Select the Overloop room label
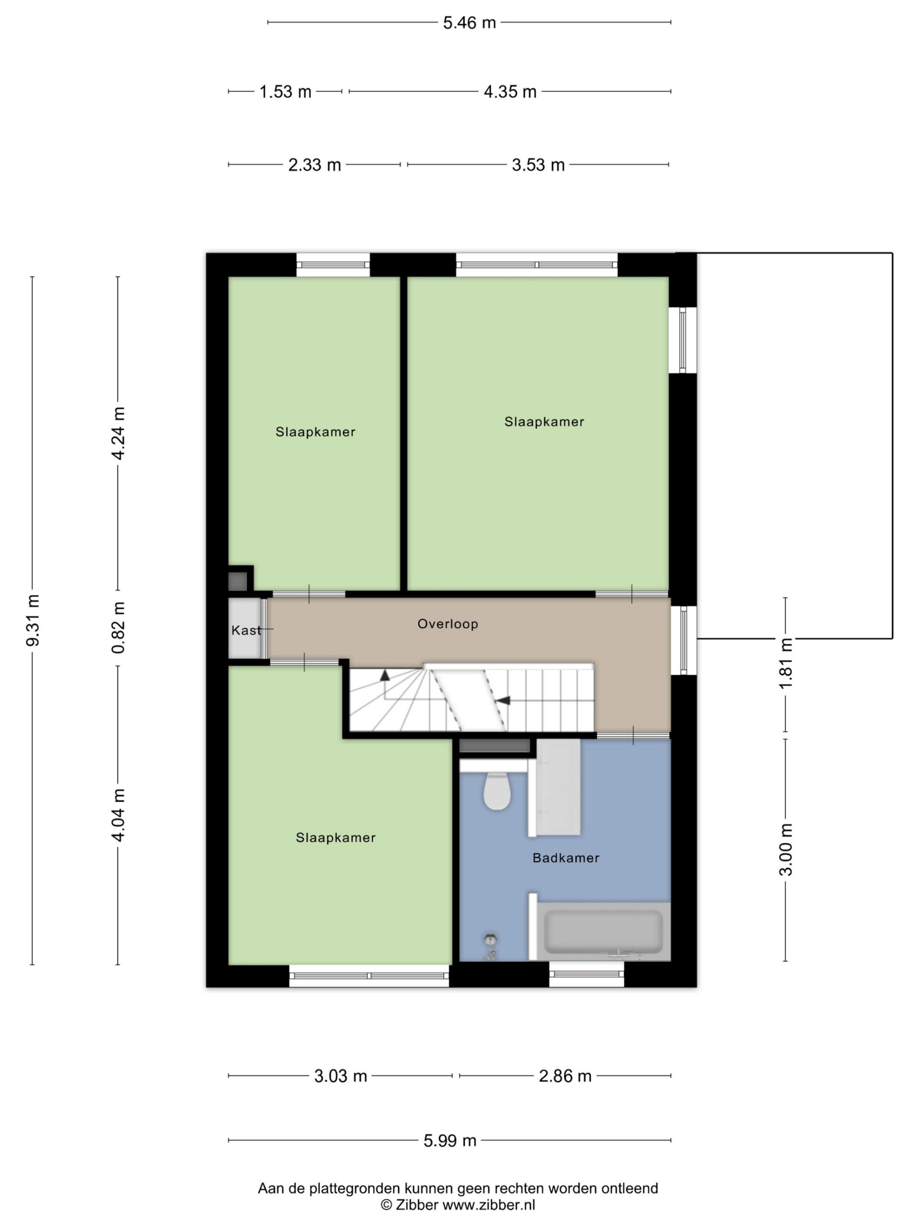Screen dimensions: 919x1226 click(448, 624)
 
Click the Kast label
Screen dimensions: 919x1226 click(246, 630)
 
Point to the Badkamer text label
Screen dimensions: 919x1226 click(566, 858)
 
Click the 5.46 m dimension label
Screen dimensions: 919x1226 click(469, 23)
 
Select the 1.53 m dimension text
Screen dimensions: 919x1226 click(285, 91)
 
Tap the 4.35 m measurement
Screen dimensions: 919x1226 click(510, 91)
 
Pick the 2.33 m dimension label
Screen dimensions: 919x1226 click(314, 165)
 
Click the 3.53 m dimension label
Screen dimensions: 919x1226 click(538, 165)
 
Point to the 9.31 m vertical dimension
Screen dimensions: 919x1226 click(33, 620)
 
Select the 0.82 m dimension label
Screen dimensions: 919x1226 click(118, 627)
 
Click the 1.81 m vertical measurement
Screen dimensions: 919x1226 click(785, 663)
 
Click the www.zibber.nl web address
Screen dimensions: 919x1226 click(489, 1205)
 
